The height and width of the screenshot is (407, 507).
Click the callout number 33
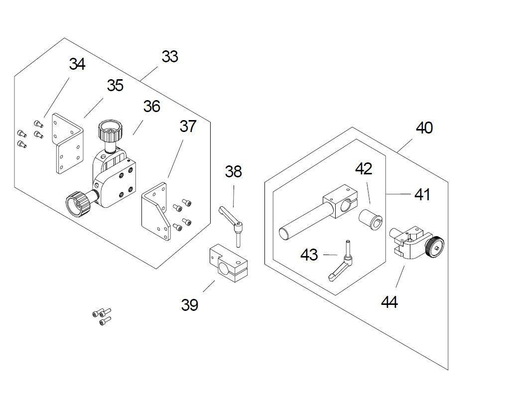coord(169,57)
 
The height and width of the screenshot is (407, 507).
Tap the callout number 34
coord(77,64)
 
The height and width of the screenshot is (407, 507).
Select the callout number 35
coord(115,86)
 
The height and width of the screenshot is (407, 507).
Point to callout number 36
coord(152,106)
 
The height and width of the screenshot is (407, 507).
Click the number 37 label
coord(188,127)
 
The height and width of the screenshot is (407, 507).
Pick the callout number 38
coord(233,172)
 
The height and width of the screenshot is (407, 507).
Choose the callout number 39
coord(189,304)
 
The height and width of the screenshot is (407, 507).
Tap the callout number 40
coord(424,128)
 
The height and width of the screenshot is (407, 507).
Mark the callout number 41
coord(422,194)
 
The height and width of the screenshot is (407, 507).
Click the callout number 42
coord(364,169)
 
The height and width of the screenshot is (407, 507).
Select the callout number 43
coord(309,255)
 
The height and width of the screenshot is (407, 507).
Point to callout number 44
coord(389,301)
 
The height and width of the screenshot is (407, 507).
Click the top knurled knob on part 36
coord(110,131)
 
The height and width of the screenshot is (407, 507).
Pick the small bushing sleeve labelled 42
coord(370,219)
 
